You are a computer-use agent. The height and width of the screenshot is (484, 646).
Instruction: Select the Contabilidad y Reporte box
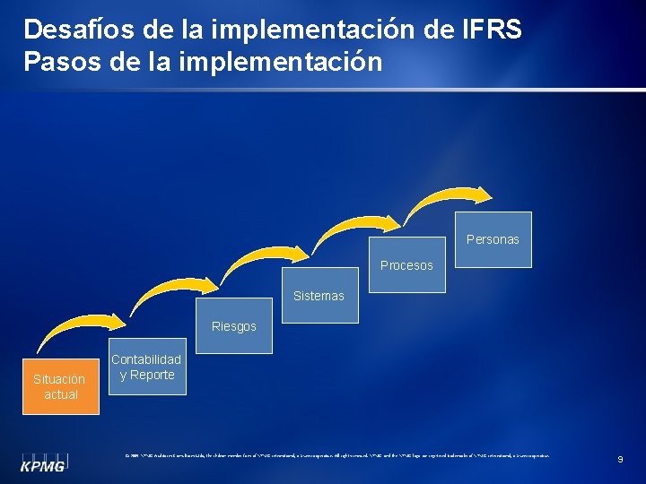(146, 367)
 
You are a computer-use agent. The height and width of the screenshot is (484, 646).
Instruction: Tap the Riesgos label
(233, 326)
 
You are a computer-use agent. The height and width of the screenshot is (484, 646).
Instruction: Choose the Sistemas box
(319, 296)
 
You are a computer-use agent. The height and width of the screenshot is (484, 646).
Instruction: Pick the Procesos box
(406, 265)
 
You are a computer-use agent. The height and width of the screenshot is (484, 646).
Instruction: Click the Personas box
(493, 239)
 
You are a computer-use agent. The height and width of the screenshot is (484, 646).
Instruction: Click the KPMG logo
(46, 462)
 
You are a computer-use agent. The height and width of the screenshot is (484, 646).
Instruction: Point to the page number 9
(620, 459)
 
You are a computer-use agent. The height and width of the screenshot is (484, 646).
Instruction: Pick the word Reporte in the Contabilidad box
(153, 375)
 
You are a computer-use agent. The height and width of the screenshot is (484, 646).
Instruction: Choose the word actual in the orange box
(61, 394)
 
